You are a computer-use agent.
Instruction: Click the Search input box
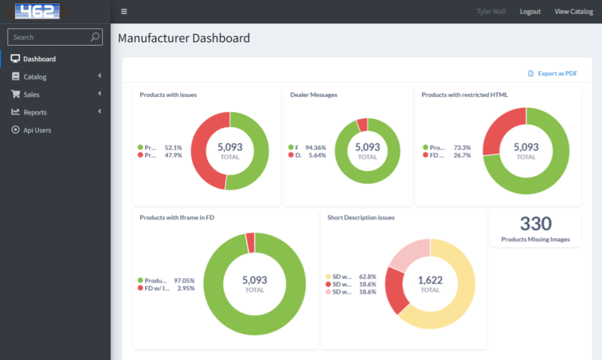49,37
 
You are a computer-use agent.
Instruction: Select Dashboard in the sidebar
39,59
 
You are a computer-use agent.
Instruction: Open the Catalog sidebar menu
35,77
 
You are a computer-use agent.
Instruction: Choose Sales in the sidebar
31,94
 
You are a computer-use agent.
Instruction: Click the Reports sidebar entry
35,112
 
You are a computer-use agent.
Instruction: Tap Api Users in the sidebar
37,130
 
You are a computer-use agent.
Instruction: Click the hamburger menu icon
124,12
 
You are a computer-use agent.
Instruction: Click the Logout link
530,12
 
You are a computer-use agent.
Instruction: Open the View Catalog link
573,12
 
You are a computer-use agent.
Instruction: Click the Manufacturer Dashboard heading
184,38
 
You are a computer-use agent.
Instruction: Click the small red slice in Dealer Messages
362,125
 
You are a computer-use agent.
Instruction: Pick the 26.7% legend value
461,156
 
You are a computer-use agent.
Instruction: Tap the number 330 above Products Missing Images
536,224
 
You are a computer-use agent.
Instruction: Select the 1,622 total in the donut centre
430,281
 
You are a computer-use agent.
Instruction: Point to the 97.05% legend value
184,281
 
